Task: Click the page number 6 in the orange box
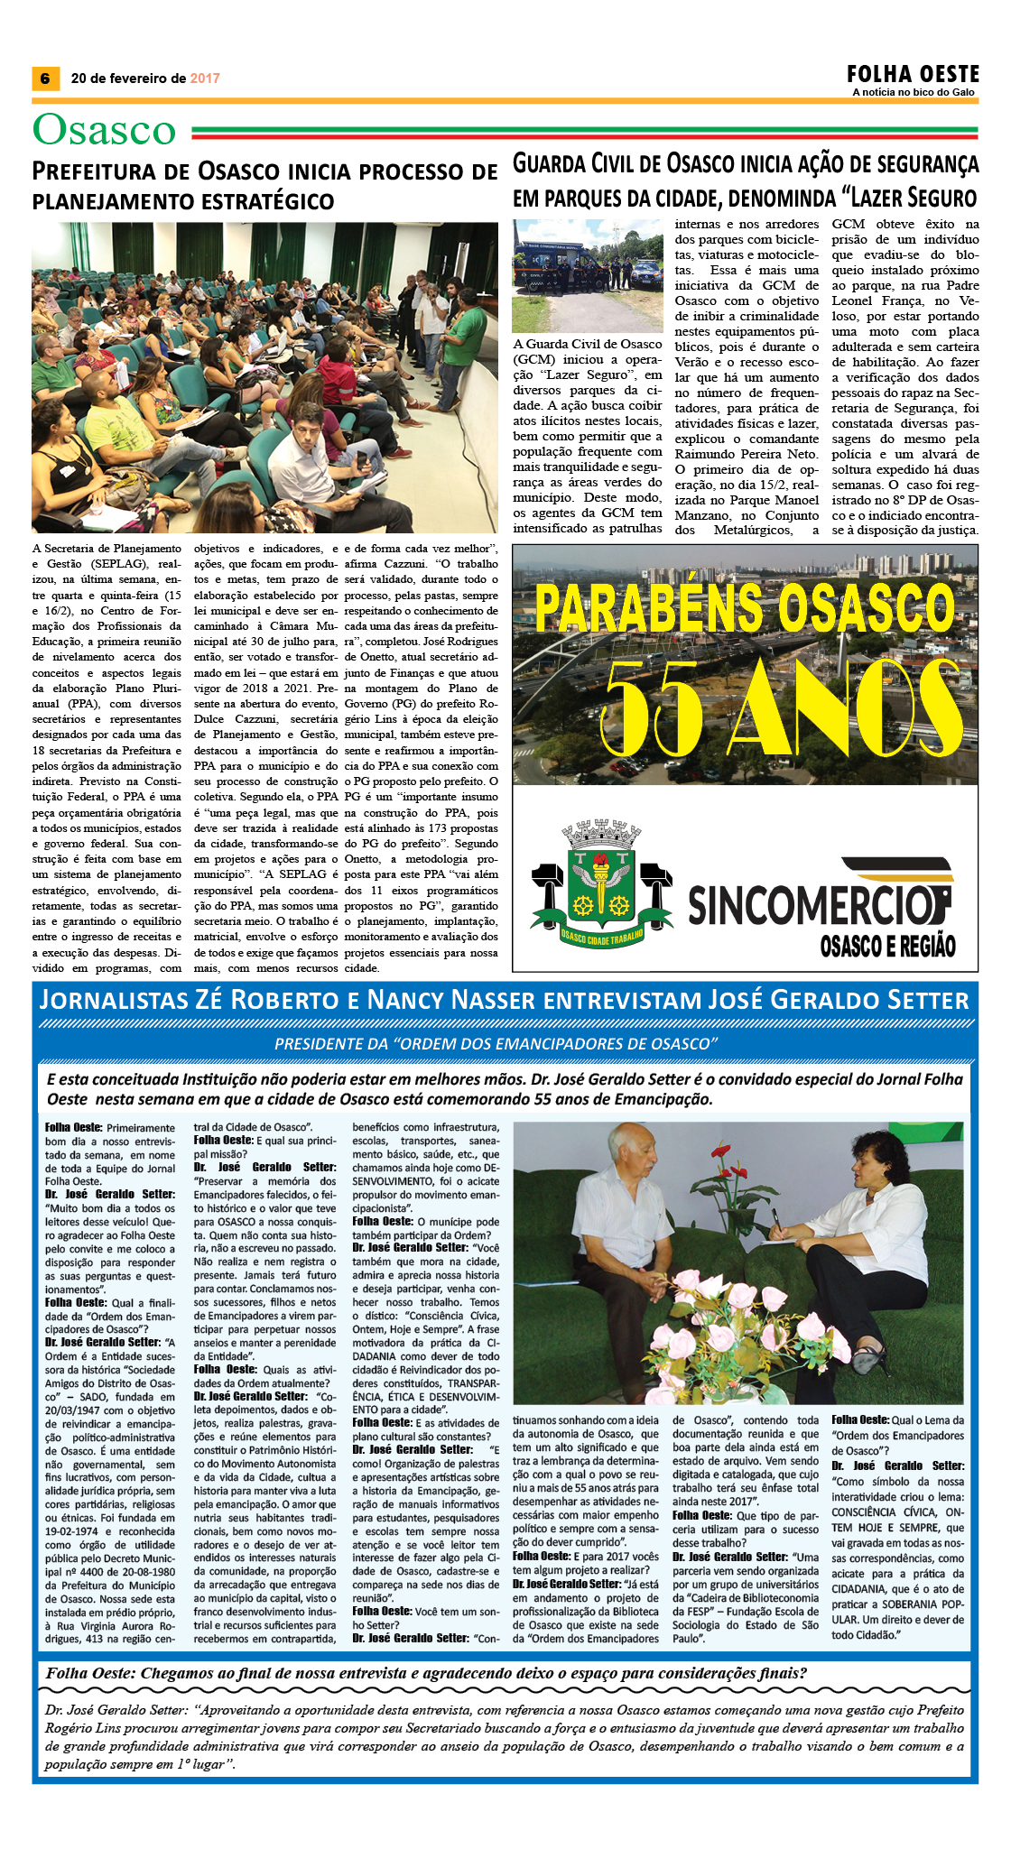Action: pos(44,79)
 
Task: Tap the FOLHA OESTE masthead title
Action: pos(913,73)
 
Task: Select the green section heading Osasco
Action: pos(104,130)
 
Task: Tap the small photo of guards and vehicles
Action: pos(588,275)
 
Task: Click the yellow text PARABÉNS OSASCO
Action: pos(744,607)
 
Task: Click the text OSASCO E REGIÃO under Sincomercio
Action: pos(886,946)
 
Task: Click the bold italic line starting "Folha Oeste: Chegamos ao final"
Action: pos(426,1672)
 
